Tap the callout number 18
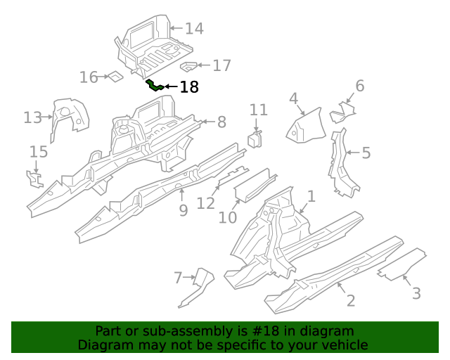(189, 87)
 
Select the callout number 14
(194, 29)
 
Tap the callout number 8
(221, 122)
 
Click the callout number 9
(183, 210)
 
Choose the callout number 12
(205, 203)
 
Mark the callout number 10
(228, 218)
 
